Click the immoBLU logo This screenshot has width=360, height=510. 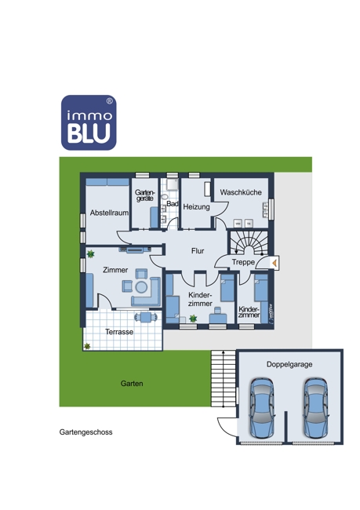tap(89, 122)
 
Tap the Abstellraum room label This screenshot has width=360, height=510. tap(109, 213)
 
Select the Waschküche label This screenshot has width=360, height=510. tap(241, 192)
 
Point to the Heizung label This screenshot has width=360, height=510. tap(196, 207)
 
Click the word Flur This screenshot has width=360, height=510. tap(198, 251)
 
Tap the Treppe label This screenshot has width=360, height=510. tap(243, 262)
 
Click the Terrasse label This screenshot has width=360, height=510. tap(119, 332)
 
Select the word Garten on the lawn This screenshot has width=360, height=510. tap(132, 384)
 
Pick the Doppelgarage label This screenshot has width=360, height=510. tap(289, 365)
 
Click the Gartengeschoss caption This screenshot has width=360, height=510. tap(85, 432)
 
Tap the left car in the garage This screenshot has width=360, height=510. tap(262, 407)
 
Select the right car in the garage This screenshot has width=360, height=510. tap(316, 407)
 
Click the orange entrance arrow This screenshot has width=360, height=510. tap(275, 263)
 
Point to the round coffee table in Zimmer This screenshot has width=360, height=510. tap(141, 287)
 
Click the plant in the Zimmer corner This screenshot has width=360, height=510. tap(90, 254)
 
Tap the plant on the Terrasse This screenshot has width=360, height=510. tap(87, 346)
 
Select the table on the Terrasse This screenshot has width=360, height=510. tap(146, 317)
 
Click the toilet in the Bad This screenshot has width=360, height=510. tap(164, 197)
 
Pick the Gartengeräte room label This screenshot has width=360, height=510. tap(145, 195)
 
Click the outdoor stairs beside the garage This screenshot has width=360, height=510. tap(223, 379)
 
